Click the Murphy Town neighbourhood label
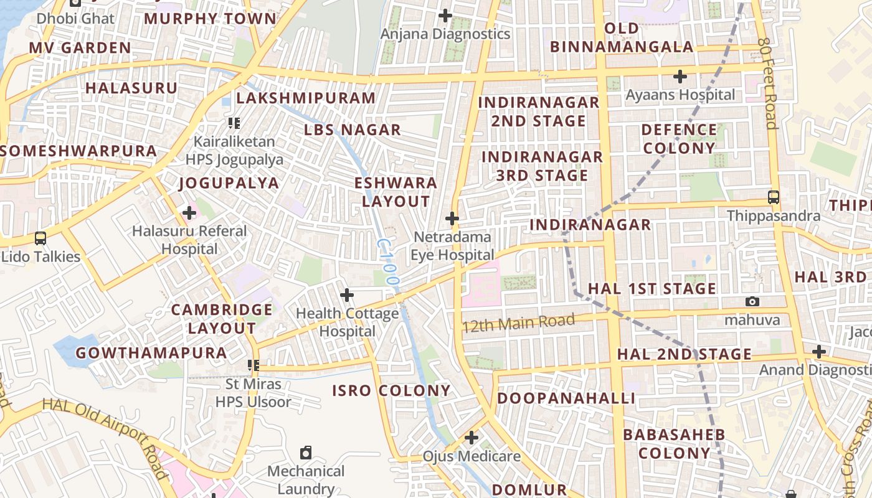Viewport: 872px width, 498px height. (x=210, y=18)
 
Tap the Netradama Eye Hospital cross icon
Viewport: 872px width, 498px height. (x=452, y=218)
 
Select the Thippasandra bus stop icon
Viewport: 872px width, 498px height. (x=774, y=197)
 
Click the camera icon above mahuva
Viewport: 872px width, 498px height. (x=752, y=302)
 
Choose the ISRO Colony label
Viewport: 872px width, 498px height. (x=391, y=391)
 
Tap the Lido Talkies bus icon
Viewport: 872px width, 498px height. (x=40, y=238)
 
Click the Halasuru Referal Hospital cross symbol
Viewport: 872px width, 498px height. (x=189, y=213)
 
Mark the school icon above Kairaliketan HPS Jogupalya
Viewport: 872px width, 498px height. (x=234, y=123)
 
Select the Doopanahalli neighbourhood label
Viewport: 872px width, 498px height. (x=566, y=398)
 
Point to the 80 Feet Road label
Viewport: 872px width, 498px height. (x=767, y=82)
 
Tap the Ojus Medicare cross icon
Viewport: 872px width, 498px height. (x=472, y=438)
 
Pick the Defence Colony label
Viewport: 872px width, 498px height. (x=679, y=139)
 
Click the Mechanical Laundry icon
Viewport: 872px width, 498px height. (x=306, y=453)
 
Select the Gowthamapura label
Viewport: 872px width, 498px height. (x=151, y=353)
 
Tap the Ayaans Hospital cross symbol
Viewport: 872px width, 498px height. (x=680, y=77)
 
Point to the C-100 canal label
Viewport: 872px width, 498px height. (x=387, y=262)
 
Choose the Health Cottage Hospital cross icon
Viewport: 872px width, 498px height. (x=347, y=294)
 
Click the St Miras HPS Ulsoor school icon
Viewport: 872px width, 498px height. (x=253, y=365)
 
